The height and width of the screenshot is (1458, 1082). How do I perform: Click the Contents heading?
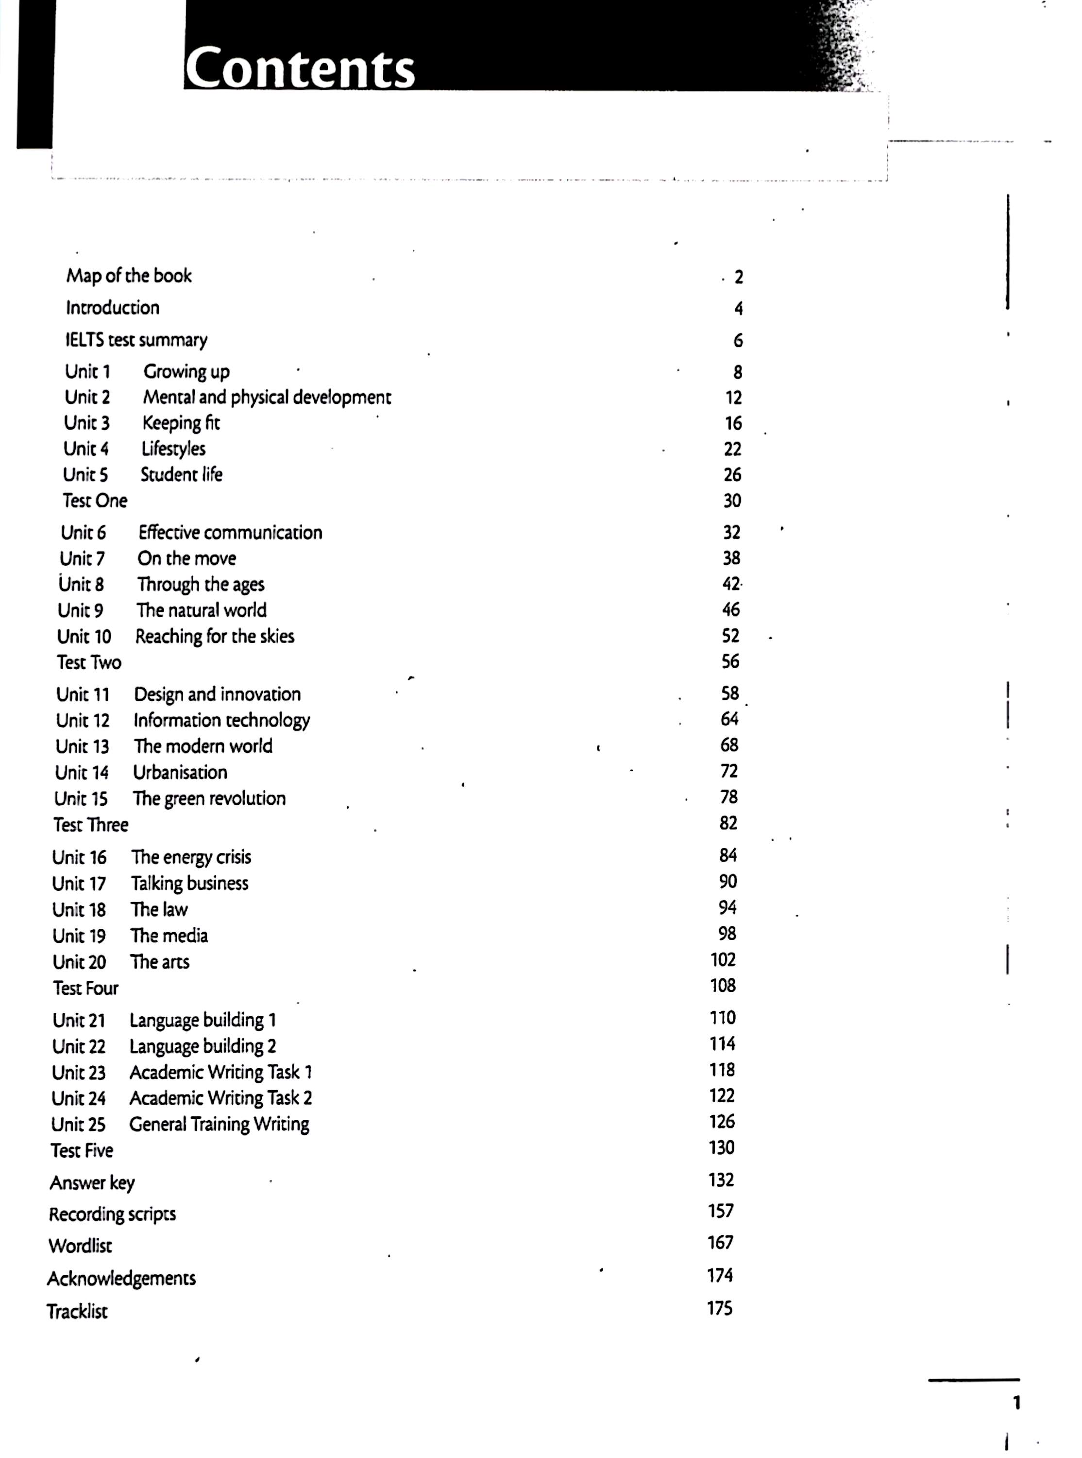[x=300, y=67]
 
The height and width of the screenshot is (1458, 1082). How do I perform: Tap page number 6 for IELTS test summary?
[x=738, y=340]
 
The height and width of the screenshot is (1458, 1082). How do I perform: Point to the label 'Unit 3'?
[x=86, y=423]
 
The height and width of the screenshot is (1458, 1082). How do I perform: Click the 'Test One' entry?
[x=95, y=501]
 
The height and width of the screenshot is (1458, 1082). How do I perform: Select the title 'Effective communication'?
[x=230, y=532]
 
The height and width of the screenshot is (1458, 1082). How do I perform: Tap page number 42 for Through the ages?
[x=731, y=583]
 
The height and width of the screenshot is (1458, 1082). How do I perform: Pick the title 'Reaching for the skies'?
[x=215, y=636]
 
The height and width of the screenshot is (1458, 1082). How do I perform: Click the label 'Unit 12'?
[x=83, y=720]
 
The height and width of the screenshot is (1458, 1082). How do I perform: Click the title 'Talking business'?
[x=190, y=884]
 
